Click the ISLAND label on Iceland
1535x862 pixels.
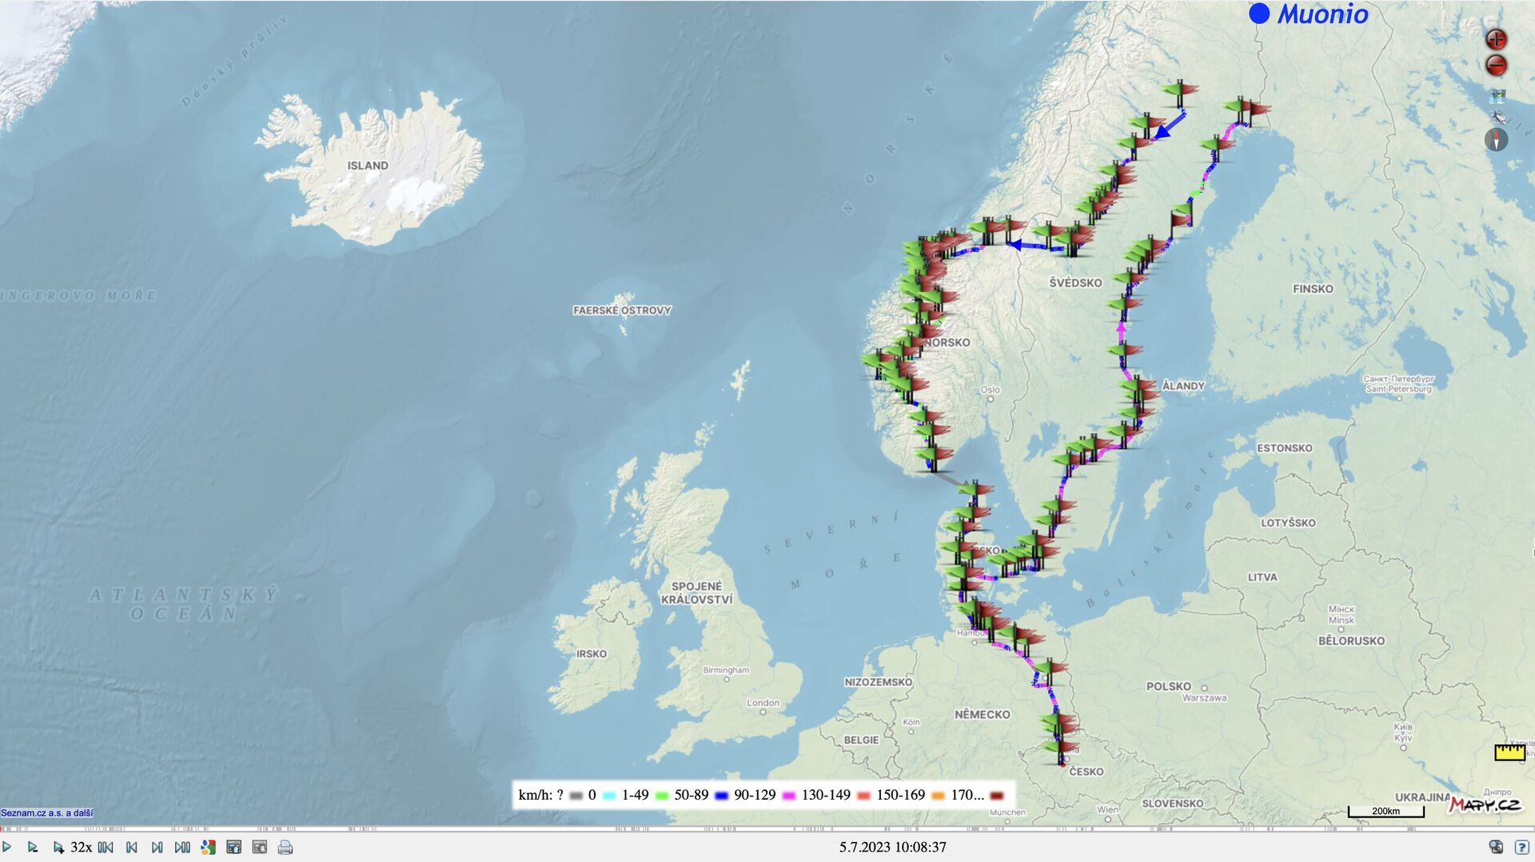pyautogui.click(x=368, y=166)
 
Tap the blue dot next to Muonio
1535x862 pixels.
pyautogui.click(x=1259, y=14)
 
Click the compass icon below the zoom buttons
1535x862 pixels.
pyautogui.click(x=1496, y=140)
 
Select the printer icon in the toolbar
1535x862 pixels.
pyautogui.click(x=285, y=848)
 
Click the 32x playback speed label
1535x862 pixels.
pyautogui.click(x=81, y=848)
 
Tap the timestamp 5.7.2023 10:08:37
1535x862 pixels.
pyautogui.click(x=892, y=847)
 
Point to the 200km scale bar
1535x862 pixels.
pyautogui.click(x=1385, y=812)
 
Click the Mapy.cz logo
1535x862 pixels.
pyautogui.click(x=1485, y=804)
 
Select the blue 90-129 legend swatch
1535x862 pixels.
pyautogui.click(x=722, y=796)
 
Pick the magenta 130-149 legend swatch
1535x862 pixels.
pyautogui.click(x=789, y=796)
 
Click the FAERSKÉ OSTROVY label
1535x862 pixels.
pyautogui.click(x=622, y=310)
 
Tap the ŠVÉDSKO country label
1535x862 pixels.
pyautogui.click(x=1075, y=282)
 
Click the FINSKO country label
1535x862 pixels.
pyautogui.click(x=1313, y=289)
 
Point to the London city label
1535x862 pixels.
pyautogui.click(x=763, y=703)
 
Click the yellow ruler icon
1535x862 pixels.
pyautogui.click(x=1509, y=752)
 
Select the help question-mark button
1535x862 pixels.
pyautogui.click(x=1521, y=848)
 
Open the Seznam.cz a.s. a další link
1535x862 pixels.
pyautogui.click(x=46, y=813)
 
